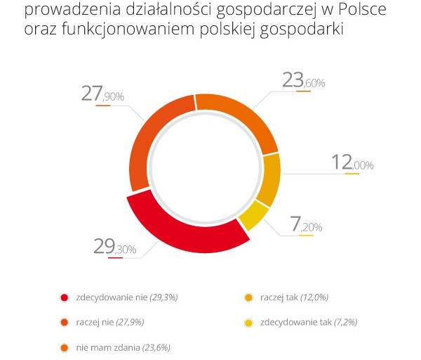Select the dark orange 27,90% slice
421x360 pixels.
152,141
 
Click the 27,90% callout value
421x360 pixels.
102,95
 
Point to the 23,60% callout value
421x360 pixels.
303,82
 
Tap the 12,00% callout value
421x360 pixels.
352,164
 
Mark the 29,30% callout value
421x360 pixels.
115,247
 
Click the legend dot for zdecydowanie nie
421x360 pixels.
65,297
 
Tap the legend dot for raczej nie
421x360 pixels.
65,322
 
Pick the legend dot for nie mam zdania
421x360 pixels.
65,347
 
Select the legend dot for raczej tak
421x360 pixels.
248,297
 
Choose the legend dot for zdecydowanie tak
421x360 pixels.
248,322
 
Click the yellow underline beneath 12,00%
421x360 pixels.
352,174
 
